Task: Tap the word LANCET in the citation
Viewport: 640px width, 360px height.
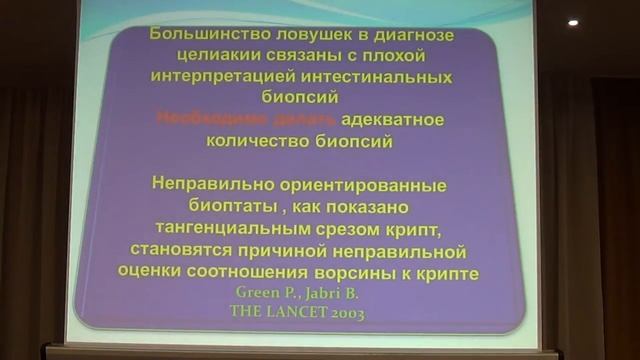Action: coord(296,312)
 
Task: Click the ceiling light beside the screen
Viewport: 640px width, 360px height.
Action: coord(573,22)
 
